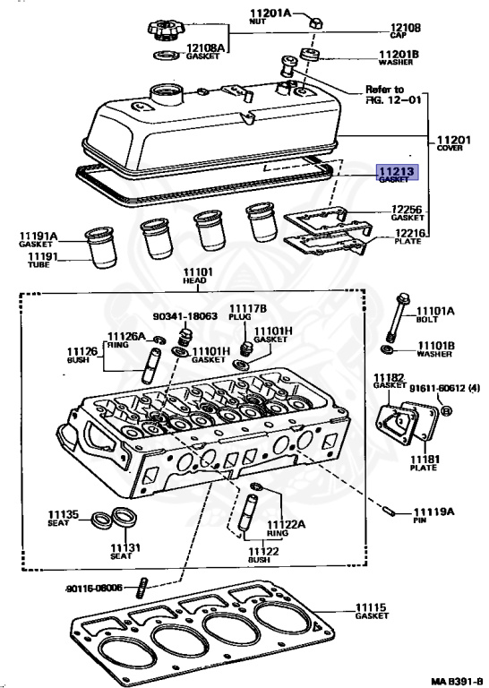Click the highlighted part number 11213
(x=395, y=172)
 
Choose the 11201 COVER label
(x=455, y=146)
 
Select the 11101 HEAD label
(x=195, y=277)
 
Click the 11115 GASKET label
(x=373, y=611)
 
